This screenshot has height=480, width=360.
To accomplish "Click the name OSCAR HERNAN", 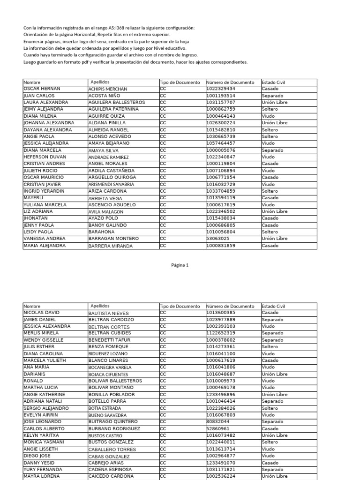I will coord(42,89).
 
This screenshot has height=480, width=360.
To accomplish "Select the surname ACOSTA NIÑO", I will coord(104,96).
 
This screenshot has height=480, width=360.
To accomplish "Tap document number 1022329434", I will coord(221,89).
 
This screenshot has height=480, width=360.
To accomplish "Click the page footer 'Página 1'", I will coord(180,265).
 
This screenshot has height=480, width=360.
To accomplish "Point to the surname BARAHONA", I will coord(101,232).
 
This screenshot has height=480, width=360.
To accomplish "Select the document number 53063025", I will coord(218,239).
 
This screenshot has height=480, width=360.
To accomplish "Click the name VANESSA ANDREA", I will coord(45,239).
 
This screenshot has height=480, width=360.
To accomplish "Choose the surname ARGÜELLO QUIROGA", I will coord(112,178).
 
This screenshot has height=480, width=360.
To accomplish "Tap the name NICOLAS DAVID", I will coord(42,313).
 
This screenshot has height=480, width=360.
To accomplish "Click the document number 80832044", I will coord(218,422).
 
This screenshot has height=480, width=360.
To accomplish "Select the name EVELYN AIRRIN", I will coord(41,415).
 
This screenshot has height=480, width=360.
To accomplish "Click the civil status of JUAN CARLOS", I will coord(272,96).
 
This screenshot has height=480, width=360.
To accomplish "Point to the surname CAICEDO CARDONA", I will coord(111,476).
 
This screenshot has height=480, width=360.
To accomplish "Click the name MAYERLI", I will coord(33,198).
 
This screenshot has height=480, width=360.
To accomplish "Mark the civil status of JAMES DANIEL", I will coord(272,320).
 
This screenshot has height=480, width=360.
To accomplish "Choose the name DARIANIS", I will coord(34,375).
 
